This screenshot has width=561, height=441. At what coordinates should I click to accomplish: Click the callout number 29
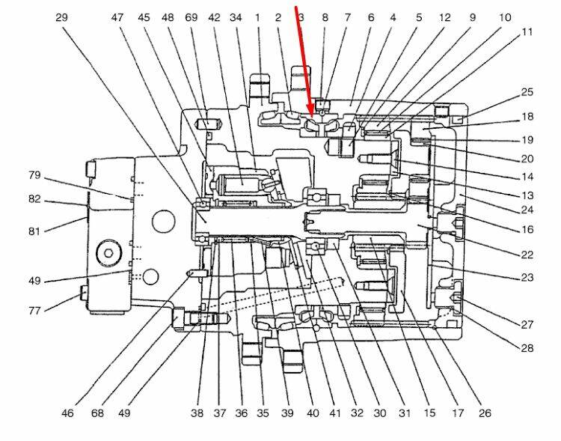pyautogui.click(x=62, y=16)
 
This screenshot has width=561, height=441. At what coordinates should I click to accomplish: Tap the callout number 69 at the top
pyautogui.click(x=191, y=16)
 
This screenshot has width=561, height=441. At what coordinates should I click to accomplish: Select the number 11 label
pyautogui.click(x=528, y=32)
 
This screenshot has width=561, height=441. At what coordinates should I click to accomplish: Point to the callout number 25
pyautogui.click(x=527, y=93)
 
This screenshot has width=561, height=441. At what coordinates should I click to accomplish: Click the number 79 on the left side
pyautogui.click(x=34, y=176)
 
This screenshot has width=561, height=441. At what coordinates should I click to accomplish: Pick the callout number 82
pyautogui.click(x=34, y=200)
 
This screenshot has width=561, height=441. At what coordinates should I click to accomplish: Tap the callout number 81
pyautogui.click(x=34, y=231)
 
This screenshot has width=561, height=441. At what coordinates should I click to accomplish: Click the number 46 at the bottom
pyautogui.click(x=67, y=413)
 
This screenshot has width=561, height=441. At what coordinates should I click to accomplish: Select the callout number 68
pyautogui.click(x=96, y=413)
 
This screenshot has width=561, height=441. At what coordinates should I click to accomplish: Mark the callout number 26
pyautogui.click(x=485, y=413)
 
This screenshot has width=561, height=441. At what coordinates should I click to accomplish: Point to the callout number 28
pyautogui.click(x=527, y=347)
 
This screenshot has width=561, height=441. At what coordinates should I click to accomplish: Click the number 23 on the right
pyautogui.click(x=527, y=277)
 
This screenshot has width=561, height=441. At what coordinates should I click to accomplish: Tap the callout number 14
pyautogui.click(x=527, y=177)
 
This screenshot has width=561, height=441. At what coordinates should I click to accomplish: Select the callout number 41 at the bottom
pyautogui.click(x=335, y=413)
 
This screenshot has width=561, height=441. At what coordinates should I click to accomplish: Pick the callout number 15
pyautogui.click(x=429, y=413)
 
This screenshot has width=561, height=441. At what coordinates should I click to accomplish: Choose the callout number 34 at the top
pyautogui.click(x=236, y=16)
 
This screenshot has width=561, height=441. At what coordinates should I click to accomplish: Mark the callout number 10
pyautogui.click(x=505, y=16)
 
